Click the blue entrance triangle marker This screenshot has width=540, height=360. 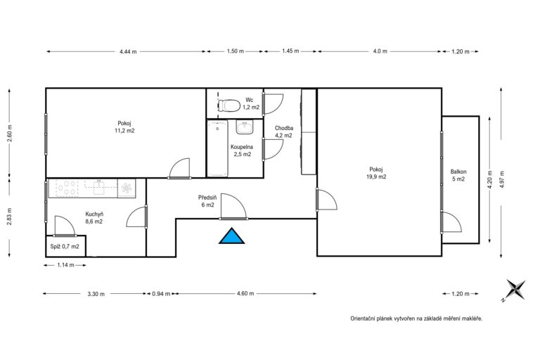pyautogui.click(x=232, y=236)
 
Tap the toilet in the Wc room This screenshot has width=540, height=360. pyautogui.click(x=229, y=105)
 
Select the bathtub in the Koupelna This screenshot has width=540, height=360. pyautogui.click(x=218, y=148)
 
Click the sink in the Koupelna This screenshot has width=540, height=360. pyautogui.click(x=245, y=127)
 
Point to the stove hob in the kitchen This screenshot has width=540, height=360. pyautogui.click(x=67, y=188)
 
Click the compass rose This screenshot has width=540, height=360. pyautogui.click(x=515, y=290)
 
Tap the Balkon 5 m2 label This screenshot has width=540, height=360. pyautogui.click(x=458, y=175)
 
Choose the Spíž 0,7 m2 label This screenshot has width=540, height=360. pyautogui.click(x=65, y=246)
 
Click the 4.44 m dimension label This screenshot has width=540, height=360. pyautogui.click(x=128, y=51)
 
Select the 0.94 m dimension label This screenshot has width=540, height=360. pyautogui.click(x=161, y=294)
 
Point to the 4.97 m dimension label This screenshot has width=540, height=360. pyautogui.click(x=502, y=179)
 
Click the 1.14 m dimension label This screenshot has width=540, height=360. pyautogui.click(x=66, y=265)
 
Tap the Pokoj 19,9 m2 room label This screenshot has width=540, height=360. pyautogui.click(x=375, y=173)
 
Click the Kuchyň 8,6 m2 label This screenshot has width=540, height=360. pyautogui.click(x=94, y=218)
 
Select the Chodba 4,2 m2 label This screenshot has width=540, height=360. pyautogui.click(x=284, y=131)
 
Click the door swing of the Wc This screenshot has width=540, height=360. pyautogui.click(x=274, y=104)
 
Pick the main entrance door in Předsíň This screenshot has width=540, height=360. pyautogui.click(x=233, y=207)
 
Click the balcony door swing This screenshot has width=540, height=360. pyautogui.click(x=451, y=222)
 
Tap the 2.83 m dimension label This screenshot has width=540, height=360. pyautogui.click(x=9, y=217)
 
